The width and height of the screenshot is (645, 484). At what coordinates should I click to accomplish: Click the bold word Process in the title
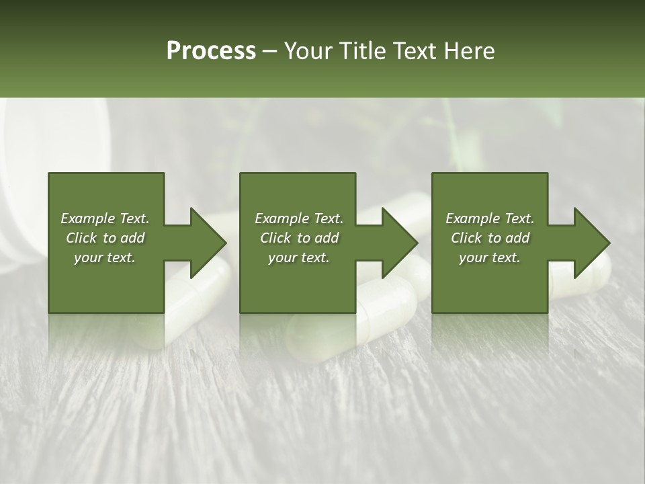tap(211, 51)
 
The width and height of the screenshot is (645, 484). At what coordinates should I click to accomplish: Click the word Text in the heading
tap(415, 51)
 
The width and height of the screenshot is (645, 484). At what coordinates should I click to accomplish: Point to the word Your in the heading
tap(308, 51)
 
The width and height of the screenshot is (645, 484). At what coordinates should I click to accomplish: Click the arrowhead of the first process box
tap(207, 243)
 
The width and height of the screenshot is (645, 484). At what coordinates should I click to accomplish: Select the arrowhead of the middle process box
tap(398, 243)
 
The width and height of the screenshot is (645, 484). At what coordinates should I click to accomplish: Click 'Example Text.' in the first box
tap(105, 218)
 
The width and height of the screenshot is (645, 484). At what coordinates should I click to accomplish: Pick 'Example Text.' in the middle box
tap(299, 218)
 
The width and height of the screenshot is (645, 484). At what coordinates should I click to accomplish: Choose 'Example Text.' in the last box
tap(490, 218)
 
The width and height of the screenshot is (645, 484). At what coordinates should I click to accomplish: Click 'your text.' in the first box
tap(105, 257)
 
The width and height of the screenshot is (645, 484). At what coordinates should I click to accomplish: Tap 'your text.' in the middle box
tap(299, 257)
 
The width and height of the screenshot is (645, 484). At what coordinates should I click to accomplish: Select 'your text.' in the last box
tap(490, 257)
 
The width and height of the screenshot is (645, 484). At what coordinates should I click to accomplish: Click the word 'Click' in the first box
tap(81, 238)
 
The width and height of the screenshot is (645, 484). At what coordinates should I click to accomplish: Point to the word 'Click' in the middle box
tap(275, 238)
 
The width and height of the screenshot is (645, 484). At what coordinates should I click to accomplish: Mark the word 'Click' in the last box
tap(466, 238)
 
